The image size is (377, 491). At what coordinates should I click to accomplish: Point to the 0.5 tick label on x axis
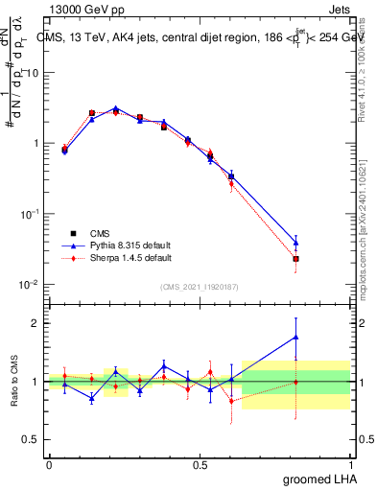200,465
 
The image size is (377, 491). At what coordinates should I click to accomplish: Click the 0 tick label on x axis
49,465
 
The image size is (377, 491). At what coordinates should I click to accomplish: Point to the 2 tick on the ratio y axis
38,323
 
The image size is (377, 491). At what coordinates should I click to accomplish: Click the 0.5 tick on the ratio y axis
34,440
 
